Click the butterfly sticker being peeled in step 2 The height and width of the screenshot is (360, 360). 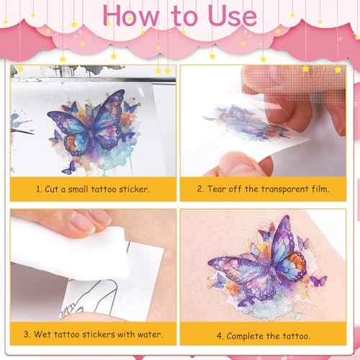(x=241, y=119)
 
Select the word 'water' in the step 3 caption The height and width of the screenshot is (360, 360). (x=145, y=336)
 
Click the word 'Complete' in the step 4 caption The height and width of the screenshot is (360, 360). (x=248, y=336)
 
